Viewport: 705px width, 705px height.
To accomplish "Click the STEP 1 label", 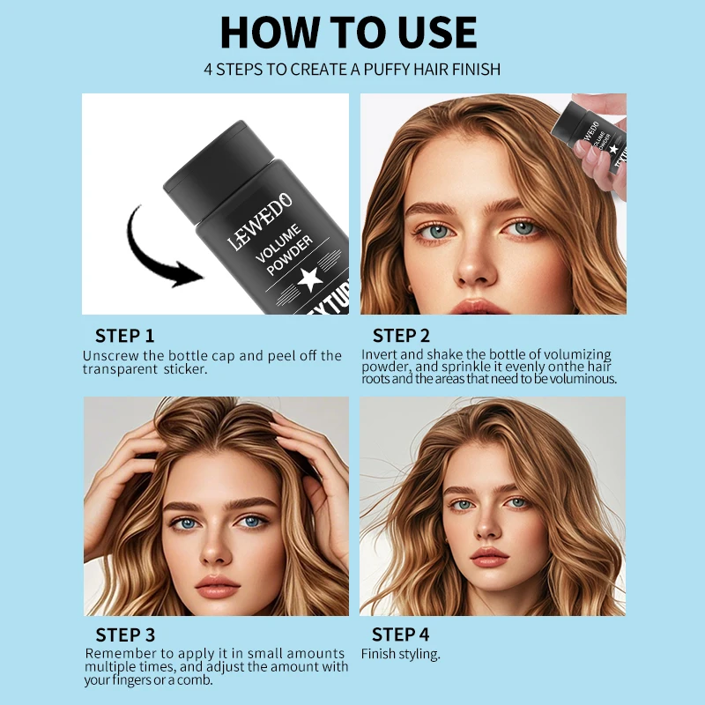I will click(x=124, y=336).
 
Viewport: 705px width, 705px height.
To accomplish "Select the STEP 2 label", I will click(x=401, y=336).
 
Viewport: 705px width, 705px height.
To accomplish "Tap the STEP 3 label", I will click(x=125, y=634).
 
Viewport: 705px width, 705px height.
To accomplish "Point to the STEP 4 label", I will click(x=400, y=634).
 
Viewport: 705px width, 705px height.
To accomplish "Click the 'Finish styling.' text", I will click(x=400, y=654).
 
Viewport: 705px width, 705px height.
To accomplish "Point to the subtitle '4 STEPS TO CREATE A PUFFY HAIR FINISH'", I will click(x=352, y=69).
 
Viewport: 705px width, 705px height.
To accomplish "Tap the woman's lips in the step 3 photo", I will click(x=216, y=584).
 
